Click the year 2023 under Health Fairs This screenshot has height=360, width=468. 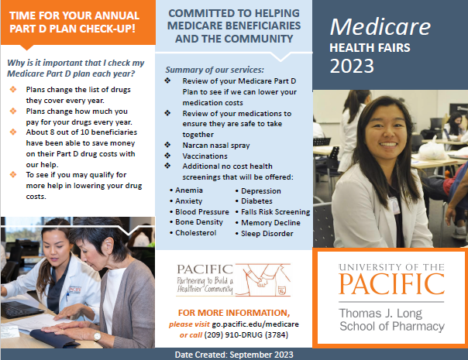(x=352, y=66)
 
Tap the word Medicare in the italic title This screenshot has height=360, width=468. (x=380, y=27)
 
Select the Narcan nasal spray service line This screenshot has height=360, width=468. (x=216, y=146)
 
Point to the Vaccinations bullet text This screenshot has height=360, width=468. (x=205, y=156)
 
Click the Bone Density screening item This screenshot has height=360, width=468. (x=199, y=222)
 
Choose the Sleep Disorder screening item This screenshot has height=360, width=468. (x=267, y=234)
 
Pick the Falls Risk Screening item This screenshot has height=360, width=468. (x=276, y=212)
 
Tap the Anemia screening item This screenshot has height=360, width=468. (x=189, y=190)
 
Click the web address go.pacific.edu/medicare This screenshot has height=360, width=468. (x=255, y=324)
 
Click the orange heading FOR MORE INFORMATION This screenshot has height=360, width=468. (x=234, y=313)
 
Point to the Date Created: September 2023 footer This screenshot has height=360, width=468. (x=234, y=355)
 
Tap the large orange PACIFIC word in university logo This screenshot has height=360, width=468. (x=391, y=284)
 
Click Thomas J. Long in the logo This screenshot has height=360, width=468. (x=380, y=314)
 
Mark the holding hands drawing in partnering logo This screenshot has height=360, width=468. (x=263, y=279)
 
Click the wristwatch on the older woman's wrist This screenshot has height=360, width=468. (x=98, y=336)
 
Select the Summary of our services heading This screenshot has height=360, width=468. (x=215, y=70)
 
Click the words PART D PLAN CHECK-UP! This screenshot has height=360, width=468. (x=73, y=29)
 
